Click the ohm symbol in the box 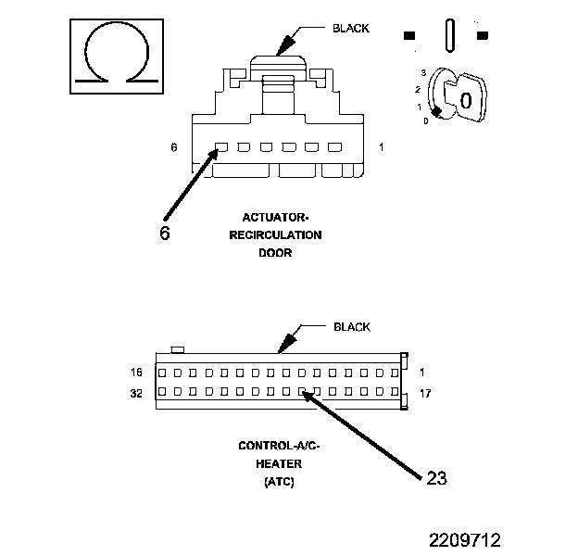pyautogui.click(x=118, y=57)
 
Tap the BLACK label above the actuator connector pyautogui.click(x=350, y=28)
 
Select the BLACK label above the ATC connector pyautogui.click(x=351, y=327)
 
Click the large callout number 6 pyautogui.click(x=164, y=233)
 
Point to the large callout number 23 pyautogui.click(x=436, y=478)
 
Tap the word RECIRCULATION pyautogui.click(x=275, y=234)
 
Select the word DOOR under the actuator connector pyautogui.click(x=274, y=252)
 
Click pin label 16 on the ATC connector pyautogui.click(x=137, y=373)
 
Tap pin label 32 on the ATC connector pyautogui.click(x=137, y=394)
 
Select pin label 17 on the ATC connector pyautogui.click(x=426, y=394)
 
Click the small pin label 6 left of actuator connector pyautogui.click(x=173, y=147)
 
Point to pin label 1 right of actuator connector pyautogui.click(x=381, y=147)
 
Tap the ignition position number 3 pyautogui.click(x=422, y=72)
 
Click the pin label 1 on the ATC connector pyautogui.click(x=422, y=373)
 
